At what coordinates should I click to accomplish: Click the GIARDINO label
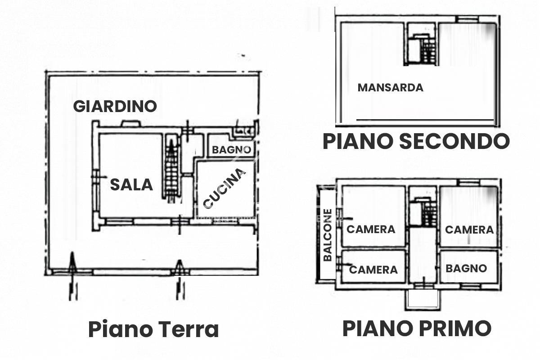click(x=115, y=106)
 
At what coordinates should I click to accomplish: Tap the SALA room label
click(x=132, y=184)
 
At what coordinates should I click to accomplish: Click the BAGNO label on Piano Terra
click(x=231, y=150)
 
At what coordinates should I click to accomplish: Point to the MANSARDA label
click(x=390, y=87)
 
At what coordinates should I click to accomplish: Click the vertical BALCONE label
click(x=328, y=234)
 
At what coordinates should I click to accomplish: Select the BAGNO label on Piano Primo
click(x=466, y=268)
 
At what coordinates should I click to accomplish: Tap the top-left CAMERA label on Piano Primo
click(x=371, y=229)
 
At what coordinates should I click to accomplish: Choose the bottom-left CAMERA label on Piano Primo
click(x=373, y=270)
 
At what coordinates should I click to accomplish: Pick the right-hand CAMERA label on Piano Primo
click(x=469, y=229)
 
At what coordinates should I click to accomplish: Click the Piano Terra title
click(x=153, y=329)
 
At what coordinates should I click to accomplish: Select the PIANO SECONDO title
click(x=416, y=141)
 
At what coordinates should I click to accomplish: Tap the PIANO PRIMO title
click(x=417, y=328)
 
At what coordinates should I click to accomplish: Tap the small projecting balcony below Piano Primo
click(x=422, y=299)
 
